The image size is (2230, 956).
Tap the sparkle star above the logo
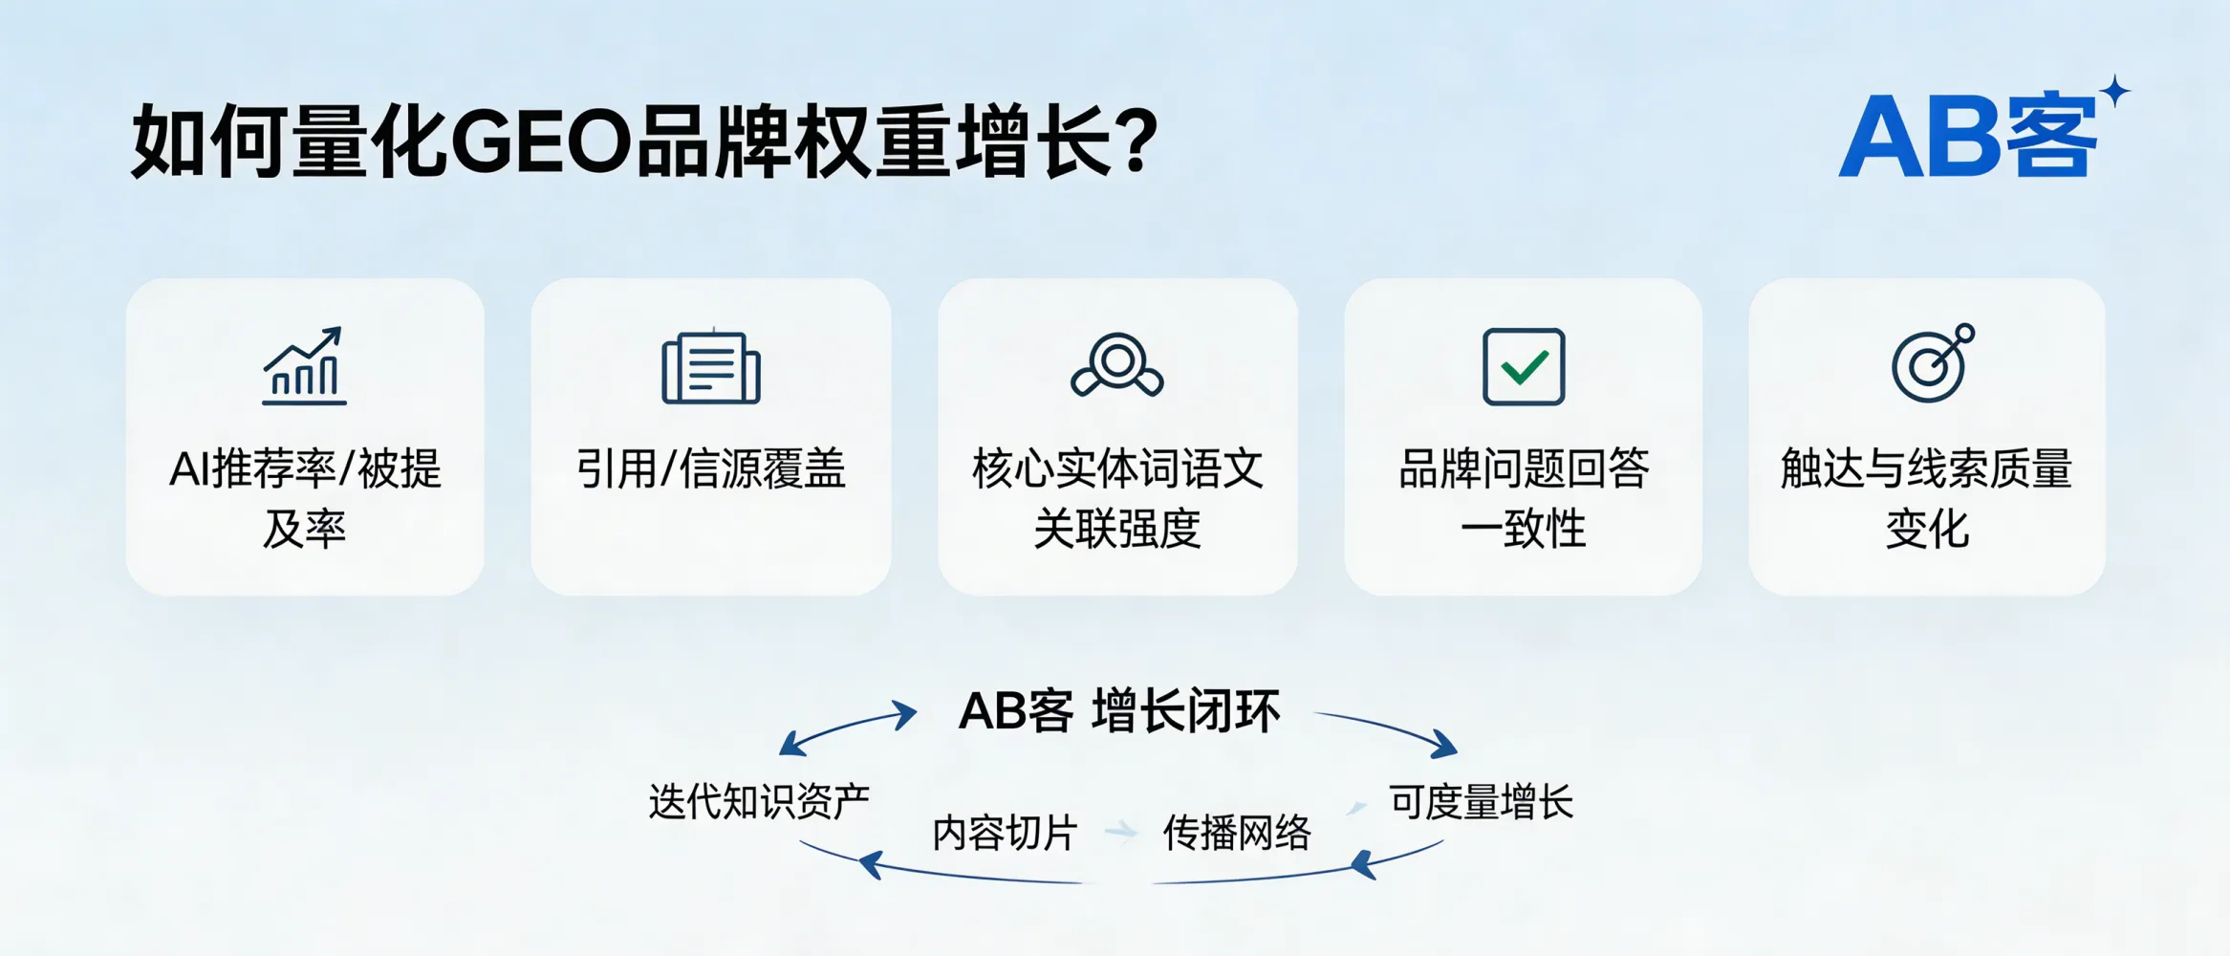point(2115,92)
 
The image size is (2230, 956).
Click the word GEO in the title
point(540,142)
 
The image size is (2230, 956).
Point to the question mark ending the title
point(1137,142)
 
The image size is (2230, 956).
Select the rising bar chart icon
point(304,367)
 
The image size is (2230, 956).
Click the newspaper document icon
point(710,367)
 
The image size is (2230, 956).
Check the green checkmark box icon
point(1523,367)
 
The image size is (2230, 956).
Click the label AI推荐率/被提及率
point(304,498)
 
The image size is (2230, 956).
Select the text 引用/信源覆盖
point(710,469)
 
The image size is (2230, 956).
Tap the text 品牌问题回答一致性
point(1523,498)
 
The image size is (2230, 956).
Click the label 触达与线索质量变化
point(1926,498)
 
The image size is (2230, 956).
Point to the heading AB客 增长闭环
point(1118,711)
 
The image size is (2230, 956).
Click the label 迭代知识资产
point(759,801)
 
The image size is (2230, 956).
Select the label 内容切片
point(1004,833)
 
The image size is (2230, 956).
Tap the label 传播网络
point(1236,833)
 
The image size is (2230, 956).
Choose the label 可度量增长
point(1480,801)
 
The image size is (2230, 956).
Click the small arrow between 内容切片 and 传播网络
point(1121,831)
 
